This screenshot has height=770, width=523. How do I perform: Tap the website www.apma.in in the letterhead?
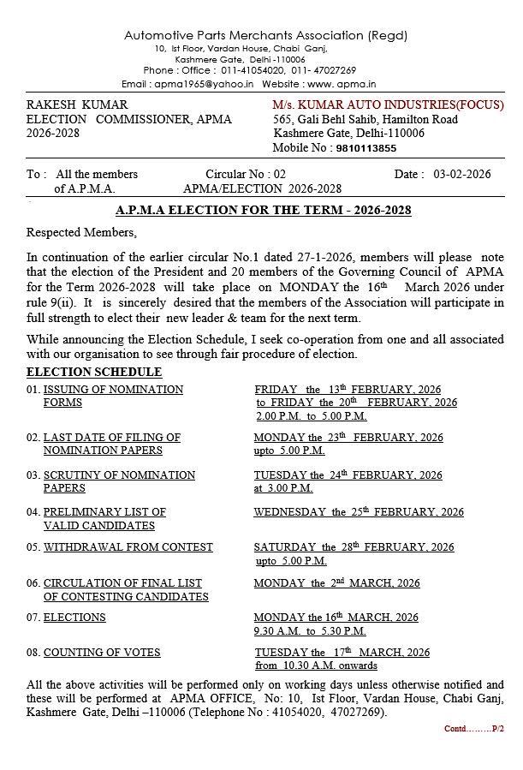(x=347, y=84)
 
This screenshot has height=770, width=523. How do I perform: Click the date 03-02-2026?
(x=462, y=174)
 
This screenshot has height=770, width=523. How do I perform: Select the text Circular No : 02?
(x=246, y=174)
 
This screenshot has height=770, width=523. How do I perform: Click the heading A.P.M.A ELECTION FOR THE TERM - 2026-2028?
(x=263, y=211)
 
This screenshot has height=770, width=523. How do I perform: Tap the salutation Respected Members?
(x=81, y=232)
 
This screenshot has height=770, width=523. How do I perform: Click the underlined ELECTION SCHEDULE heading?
(x=94, y=372)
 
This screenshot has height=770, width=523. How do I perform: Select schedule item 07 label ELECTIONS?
(x=74, y=617)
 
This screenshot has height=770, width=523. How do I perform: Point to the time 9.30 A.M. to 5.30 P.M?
(x=310, y=630)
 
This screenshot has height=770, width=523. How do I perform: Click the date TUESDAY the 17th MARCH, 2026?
(x=342, y=652)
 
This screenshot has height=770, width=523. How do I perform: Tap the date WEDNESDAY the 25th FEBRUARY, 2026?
(x=359, y=511)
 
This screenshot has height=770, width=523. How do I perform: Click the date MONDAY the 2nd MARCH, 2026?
(x=337, y=582)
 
